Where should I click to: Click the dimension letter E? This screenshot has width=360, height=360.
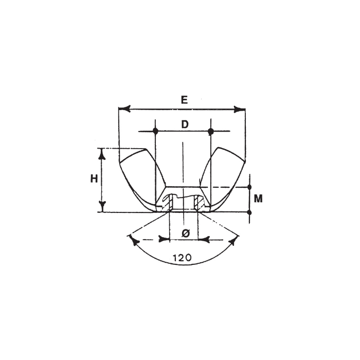[x=184, y=100]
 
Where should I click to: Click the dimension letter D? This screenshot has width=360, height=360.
[x=184, y=124]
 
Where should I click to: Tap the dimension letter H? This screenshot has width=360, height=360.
[x=94, y=179]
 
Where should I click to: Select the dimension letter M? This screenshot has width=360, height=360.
[x=259, y=199]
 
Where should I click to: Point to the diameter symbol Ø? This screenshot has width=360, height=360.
[x=186, y=233]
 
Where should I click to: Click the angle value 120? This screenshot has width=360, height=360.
[x=183, y=258]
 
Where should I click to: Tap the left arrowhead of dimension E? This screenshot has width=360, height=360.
[x=123, y=109]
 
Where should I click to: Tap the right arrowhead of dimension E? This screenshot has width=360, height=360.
[x=240, y=109]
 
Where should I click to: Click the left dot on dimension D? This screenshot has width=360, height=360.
[x=155, y=132]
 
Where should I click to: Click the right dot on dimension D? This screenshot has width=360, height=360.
[x=210, y=132]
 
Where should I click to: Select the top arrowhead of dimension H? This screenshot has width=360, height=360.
[x=102, y=153]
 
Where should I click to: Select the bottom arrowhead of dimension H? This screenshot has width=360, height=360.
[x=102, y=206]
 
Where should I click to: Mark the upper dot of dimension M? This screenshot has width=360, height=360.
[x=249, y=187]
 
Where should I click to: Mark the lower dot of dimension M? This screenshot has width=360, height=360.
[x=249, y=212]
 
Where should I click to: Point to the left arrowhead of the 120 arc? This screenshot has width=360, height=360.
[x=135, y=241]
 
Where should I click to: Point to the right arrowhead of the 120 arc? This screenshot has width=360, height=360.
[x=234, y=241]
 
